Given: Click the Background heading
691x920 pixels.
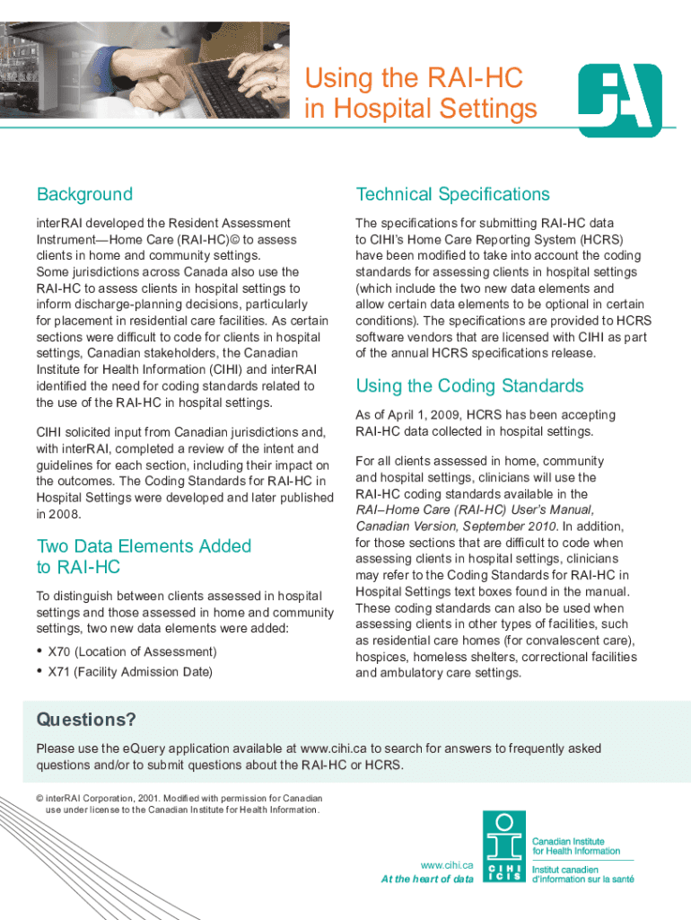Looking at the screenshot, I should tap(84, 194).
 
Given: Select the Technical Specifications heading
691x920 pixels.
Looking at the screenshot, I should tap(452, 194).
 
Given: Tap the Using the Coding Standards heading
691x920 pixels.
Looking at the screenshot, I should tap(469, 386).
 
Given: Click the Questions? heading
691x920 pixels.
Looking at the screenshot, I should tap(86, 720).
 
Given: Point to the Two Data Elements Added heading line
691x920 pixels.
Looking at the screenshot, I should tap(144, 546).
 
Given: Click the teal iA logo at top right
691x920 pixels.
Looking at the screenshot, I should tap(619, 100).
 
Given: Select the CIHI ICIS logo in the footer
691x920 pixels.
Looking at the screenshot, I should tap(504, 846).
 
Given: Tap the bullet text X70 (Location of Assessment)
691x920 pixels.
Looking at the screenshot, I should tap(132, 651).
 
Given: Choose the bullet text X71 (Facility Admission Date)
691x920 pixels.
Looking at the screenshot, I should tap(130, 672).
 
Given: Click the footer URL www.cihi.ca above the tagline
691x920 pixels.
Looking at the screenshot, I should tap(447, 863).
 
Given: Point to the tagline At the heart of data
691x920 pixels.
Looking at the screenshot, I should tap(427, 879).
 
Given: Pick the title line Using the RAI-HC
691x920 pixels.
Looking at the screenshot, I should tap(414, 78).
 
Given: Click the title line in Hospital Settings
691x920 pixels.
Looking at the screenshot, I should tap(421, 110).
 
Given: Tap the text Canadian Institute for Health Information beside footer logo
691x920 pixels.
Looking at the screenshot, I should tap(576, 845).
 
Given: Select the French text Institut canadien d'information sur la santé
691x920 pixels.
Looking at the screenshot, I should tap(582, 874).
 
